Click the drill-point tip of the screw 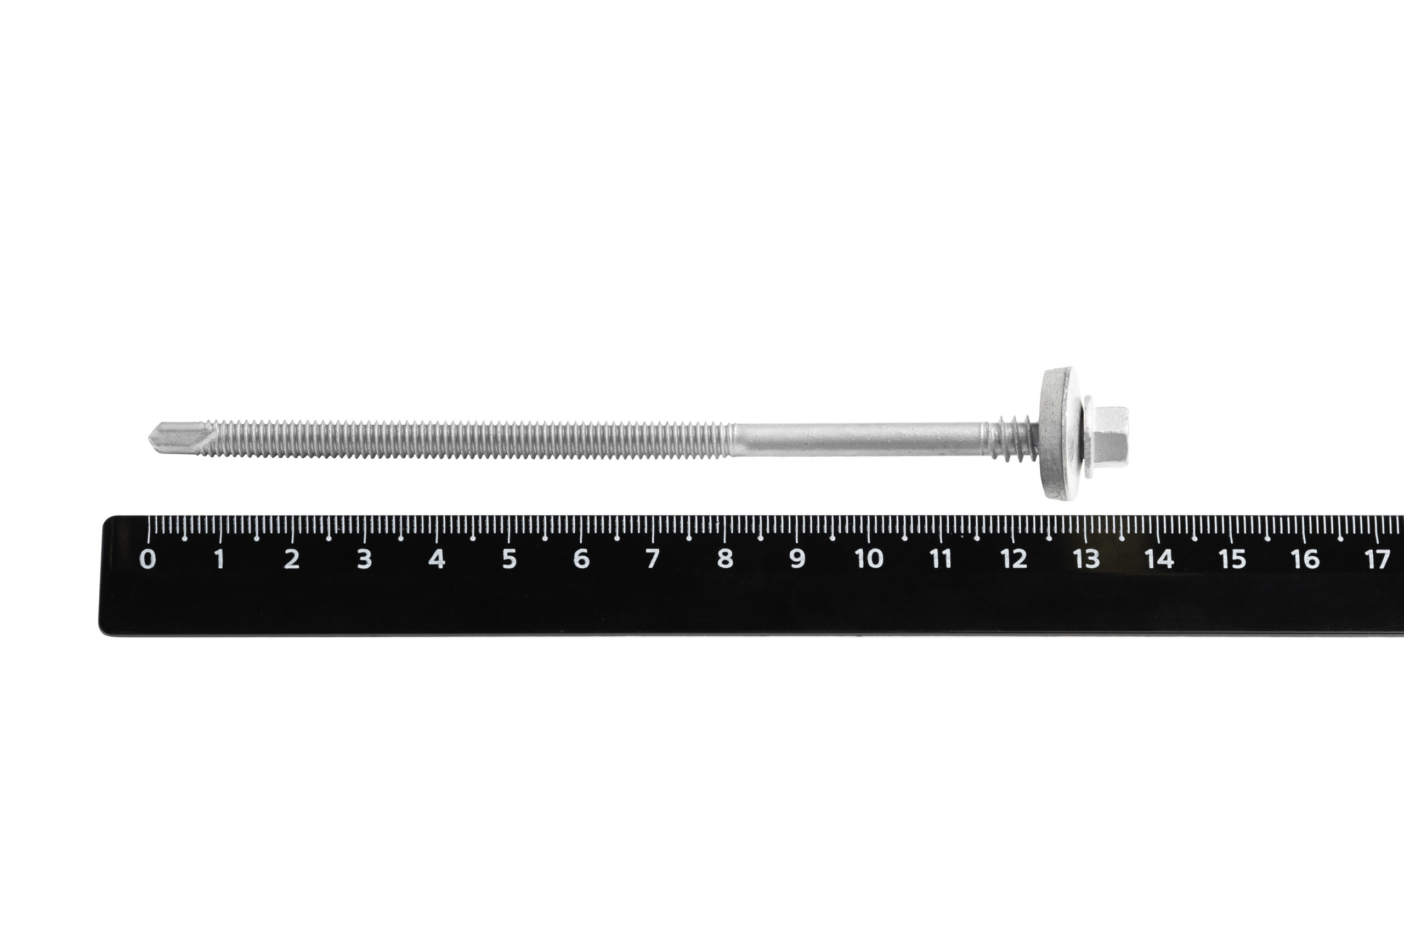149,437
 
